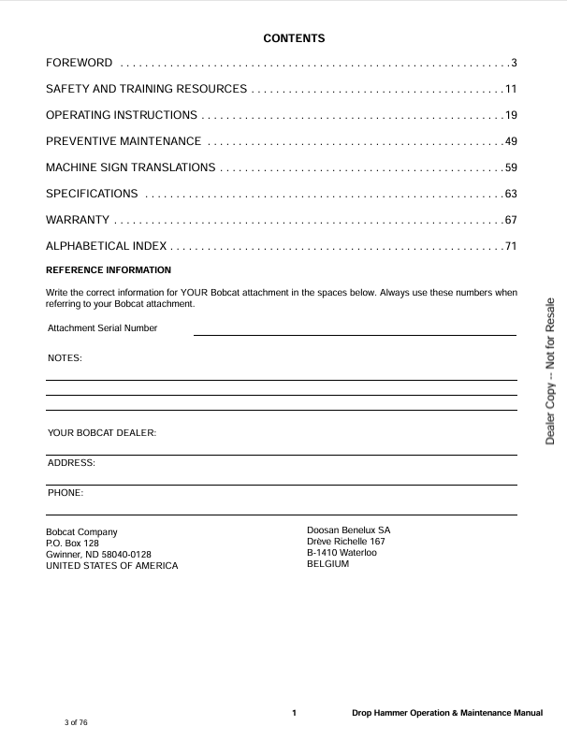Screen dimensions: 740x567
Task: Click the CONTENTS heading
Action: coord(294,38)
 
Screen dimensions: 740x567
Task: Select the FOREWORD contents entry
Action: coord(80,63)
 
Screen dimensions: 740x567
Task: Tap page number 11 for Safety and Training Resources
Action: coord(511,89)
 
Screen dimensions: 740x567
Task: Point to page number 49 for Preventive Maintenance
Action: coord(511,141)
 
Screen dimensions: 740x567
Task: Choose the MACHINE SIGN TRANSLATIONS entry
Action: coord(131,167)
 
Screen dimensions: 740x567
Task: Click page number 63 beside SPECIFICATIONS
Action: coord(511,194)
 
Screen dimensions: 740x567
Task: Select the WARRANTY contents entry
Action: coord(78,220)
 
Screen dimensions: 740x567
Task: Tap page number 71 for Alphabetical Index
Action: coord(511,246)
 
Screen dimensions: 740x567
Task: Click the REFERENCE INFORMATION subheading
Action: coord(109,270)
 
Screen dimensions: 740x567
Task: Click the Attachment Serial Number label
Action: coord(103,328)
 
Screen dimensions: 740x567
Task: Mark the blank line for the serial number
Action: coord(355,333)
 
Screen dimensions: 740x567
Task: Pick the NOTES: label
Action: coord(65,358)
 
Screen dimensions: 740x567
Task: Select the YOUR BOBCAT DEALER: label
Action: coord(102,433)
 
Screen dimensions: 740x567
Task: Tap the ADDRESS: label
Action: coord(71,463)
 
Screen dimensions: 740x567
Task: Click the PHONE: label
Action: coord(65,492)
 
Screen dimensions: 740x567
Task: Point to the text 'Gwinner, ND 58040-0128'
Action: coord(98,554)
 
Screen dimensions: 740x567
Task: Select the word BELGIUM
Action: coord(327,564)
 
